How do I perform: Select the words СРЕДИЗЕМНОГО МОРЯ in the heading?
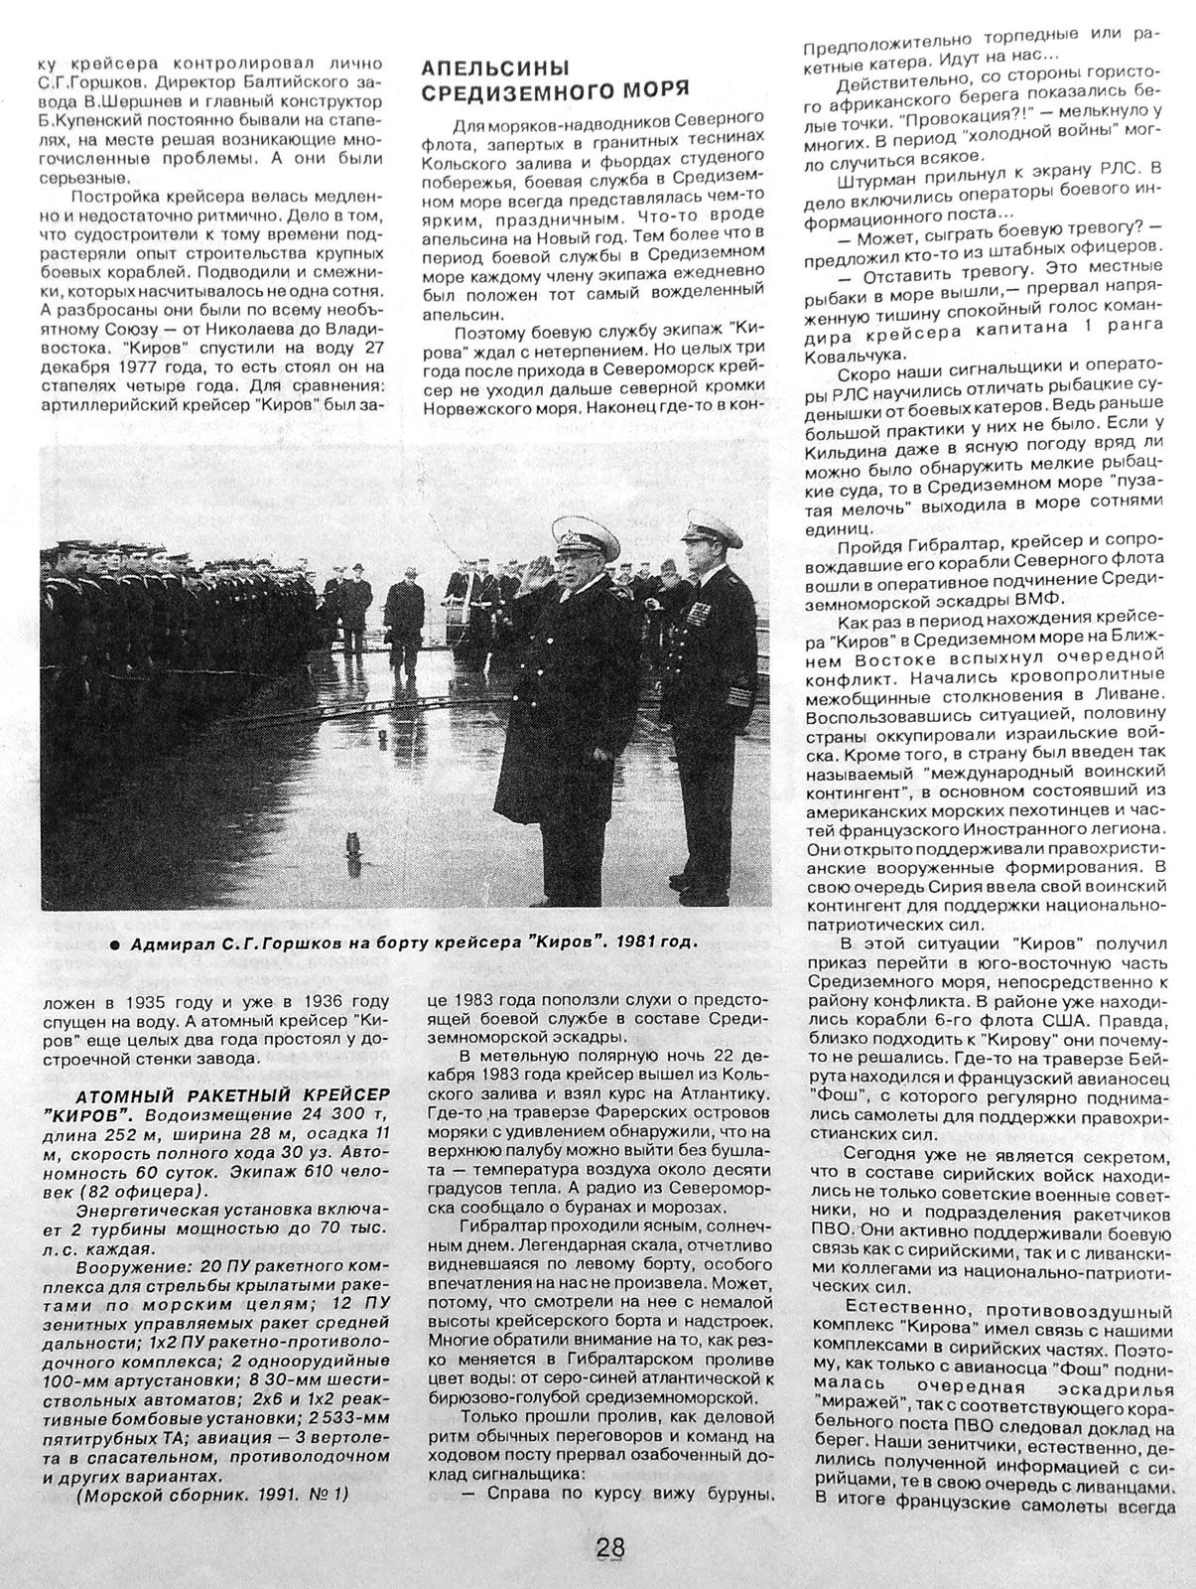pyautogui.click(x=555, y=90)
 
